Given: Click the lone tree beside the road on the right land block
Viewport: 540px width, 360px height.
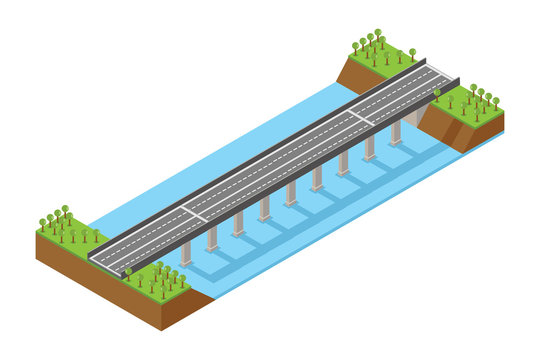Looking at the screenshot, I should (x=437, y=95).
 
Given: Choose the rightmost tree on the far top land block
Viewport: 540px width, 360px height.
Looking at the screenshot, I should (x=412, y=53).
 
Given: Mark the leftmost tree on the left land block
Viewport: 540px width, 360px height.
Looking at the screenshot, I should (x=42, y=225).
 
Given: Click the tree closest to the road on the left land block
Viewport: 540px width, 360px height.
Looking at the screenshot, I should (x=97, y=237).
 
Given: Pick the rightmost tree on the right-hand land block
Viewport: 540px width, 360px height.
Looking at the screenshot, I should (x=496, y=103).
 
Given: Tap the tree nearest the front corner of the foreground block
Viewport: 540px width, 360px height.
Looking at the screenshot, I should (x=181, y=283).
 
